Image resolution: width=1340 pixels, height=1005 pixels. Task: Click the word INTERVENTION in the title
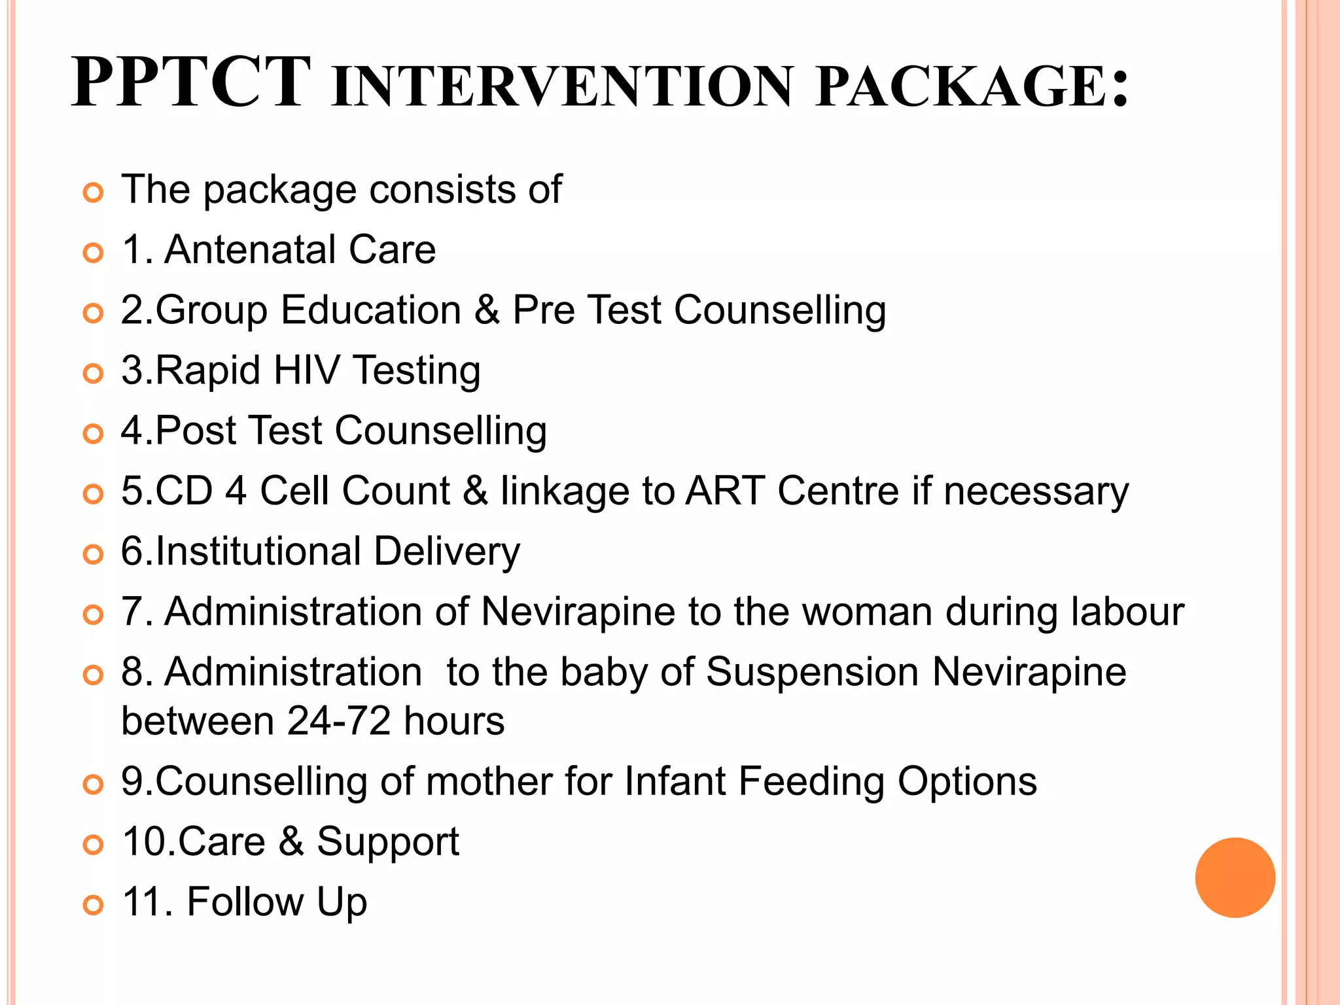tap(562, 86)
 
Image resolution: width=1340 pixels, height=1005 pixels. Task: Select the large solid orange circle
tap(1235, 877)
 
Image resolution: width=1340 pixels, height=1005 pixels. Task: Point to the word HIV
tap(307, 370)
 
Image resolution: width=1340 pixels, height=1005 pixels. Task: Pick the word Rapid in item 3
tap(208, 370)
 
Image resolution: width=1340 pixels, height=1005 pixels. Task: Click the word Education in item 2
tap(371, 309)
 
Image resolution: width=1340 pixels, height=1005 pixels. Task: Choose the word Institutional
tap(258, 551)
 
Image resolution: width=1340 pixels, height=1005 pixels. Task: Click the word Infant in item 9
tap(675, 781)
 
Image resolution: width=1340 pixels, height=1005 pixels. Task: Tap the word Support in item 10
tap(388, 841)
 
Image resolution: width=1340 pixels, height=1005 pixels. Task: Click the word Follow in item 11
tap(245, 902)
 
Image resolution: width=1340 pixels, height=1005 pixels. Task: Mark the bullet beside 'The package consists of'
tap(94, 193)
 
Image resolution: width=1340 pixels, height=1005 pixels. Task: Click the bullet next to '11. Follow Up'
tap(94, 905)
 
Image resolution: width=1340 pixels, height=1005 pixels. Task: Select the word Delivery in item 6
tap(447, 551)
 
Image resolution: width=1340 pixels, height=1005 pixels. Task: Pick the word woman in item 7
tap(867, 612)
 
